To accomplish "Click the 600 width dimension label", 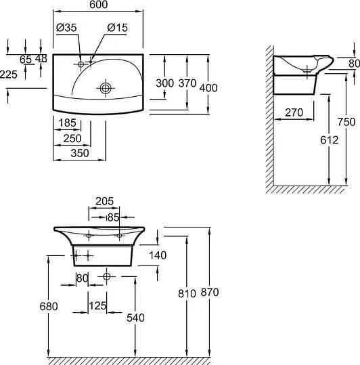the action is [98, 5].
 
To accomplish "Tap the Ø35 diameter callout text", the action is [66, 28].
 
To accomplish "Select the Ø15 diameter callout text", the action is [118, 28].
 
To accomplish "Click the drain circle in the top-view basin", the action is [106, 88].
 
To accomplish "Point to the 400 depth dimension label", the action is [208, 88].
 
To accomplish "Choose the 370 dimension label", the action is [187, 83].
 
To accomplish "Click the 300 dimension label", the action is [164, 83].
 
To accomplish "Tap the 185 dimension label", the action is [68, 123].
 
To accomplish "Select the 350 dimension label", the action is [80, 153].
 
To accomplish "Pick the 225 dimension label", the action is [8, 74].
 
